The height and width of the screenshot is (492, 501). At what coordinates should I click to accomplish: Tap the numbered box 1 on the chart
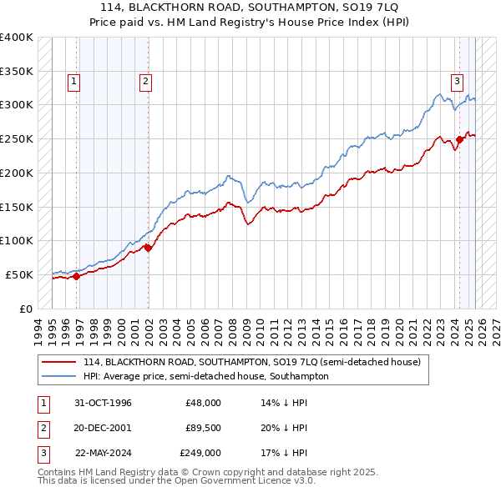[74, 82]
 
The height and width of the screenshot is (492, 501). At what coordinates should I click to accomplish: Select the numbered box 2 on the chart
[145, 82]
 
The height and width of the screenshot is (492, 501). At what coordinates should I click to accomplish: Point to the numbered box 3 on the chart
[458, 82]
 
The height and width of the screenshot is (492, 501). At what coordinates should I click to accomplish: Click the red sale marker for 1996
[77, 276]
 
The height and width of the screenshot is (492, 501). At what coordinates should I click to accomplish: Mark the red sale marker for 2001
[148, 248]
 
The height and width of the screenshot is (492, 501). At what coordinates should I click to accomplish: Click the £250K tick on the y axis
[17, 138]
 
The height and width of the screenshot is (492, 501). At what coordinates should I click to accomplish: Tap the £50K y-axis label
[20, 274]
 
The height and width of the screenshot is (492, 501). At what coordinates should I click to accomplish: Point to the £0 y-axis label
[27, 309]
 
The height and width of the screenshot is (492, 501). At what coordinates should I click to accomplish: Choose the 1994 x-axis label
[38, 328]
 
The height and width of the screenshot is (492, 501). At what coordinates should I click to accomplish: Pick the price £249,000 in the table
[200, 453]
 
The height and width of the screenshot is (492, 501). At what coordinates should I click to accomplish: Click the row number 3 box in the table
[43, 453]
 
